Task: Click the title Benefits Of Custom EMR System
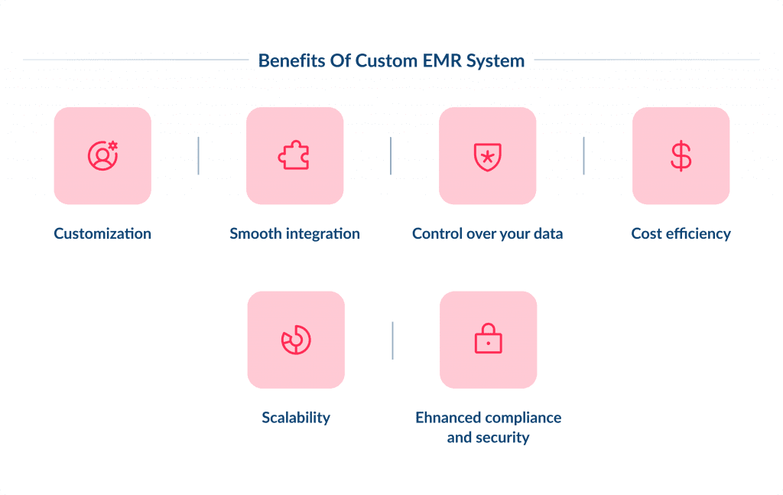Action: click(391, 60)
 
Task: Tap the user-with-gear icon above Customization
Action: click(102, 155)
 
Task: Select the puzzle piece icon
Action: click(294, 155)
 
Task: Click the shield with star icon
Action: click(487, 155)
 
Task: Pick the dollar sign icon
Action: click(681, 155)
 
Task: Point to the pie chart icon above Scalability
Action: click(296, 340)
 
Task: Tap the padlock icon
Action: click(488, 338)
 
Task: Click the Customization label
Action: click(102, 233)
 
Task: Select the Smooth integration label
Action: click(294, 233)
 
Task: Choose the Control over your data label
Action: click(487, 233)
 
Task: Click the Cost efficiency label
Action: click(681, 233)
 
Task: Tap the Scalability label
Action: click(296, 417)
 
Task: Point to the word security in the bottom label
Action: click(504, 438)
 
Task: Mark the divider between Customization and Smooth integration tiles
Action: click(198, 155)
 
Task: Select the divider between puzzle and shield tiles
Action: click(391, 155)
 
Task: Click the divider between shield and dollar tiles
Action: click(583, 155)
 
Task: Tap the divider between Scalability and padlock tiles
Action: click(392, 340)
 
